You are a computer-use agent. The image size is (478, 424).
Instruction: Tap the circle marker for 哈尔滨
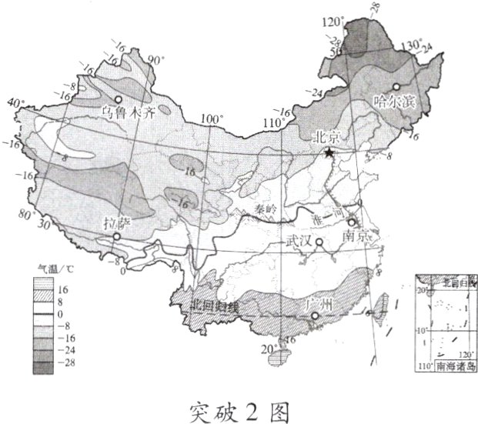pyautogui.click(x=396, y=86)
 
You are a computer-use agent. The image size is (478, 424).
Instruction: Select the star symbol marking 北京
pyautogui.click(x=329, y=153)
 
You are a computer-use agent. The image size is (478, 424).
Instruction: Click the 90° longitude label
pyautogui.click(x=157, y=60)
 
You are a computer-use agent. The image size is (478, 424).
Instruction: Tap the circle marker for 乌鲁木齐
pyautogui.click(x=119, y=100)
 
